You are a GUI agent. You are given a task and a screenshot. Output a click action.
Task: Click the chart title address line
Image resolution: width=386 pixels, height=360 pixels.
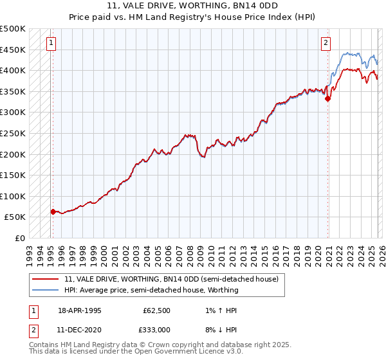point(193,6)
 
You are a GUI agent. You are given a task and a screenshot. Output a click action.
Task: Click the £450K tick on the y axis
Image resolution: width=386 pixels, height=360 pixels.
point(13,50)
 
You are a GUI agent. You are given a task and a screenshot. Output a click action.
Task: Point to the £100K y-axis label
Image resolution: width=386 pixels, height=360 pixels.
point(13,196)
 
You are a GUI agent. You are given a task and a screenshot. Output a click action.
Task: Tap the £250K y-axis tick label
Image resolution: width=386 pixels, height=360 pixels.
point(13,133)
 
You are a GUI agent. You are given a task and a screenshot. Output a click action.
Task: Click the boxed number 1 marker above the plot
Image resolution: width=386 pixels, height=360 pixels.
point(51,43)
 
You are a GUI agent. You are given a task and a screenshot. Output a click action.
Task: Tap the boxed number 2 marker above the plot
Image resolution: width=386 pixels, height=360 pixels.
point(326,43)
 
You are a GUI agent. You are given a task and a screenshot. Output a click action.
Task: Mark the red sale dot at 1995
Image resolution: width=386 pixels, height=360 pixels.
point(53,211)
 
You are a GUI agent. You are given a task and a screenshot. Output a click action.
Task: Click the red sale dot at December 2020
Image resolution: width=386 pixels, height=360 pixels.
point(327,99)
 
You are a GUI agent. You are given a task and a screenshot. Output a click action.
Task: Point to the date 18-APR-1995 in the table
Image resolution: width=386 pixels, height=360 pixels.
point(79,310)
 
